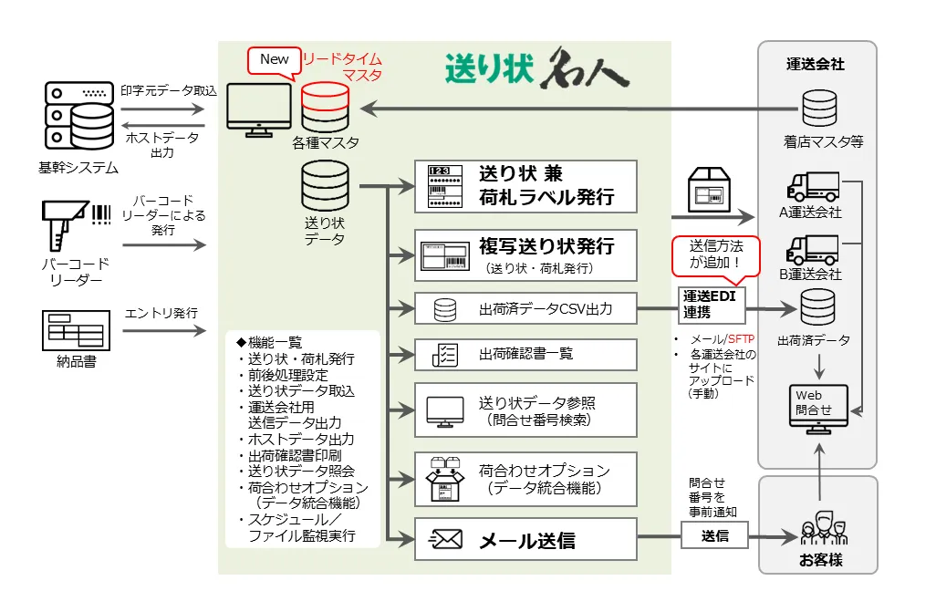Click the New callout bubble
[275, 60]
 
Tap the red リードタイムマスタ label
[341, 66]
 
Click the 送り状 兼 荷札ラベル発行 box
[525, 185]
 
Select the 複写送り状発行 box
[525, 254]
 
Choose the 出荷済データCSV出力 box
[525, 309]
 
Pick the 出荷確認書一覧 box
[525, 354]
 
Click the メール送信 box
[525, 540]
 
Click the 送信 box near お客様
[715, 536]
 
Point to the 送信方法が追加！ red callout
[715, 254]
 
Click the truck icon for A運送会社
[812, 188]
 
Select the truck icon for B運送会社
[812, 249]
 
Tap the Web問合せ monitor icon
[818, 407]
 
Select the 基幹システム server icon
[77, 119]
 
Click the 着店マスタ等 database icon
[818, 108]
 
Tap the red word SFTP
[741, 339]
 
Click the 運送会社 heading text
[816, 65]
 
